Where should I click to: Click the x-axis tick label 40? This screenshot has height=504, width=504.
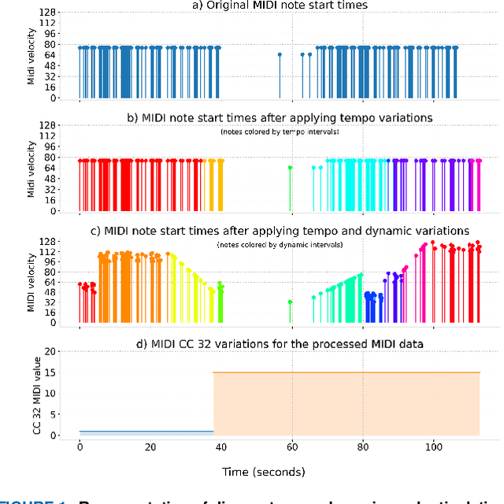pyautogui.click(x=221, y=447)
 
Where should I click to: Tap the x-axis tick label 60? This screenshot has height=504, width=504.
pyautogui.click(x=292, y=447)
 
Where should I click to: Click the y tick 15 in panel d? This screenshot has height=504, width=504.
pyautogui.click(x=54, y=372)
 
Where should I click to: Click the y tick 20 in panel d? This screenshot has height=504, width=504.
pyautogui.click(x=54, y=351)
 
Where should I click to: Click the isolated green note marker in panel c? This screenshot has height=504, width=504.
pyautogui.click(x=290, y=302)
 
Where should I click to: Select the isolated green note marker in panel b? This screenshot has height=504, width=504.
pyautogui.click(x=290, y=168)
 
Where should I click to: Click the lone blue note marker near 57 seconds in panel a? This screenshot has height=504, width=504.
pyautogui.click(x=280, y=54)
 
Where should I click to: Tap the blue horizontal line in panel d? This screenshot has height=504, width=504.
pyautogui.click(x=146, y=431)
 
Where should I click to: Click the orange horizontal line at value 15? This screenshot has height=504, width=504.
pyautogui.click(x=346, y=372)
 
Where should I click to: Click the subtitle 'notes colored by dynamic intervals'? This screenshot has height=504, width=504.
pyautogui.click(x=280, y=245)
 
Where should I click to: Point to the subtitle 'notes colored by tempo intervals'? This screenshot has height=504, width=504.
pyautogui.click(x=280, y=132)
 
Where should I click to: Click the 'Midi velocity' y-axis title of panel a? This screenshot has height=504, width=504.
pyautogui.click(x=32, y=55)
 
